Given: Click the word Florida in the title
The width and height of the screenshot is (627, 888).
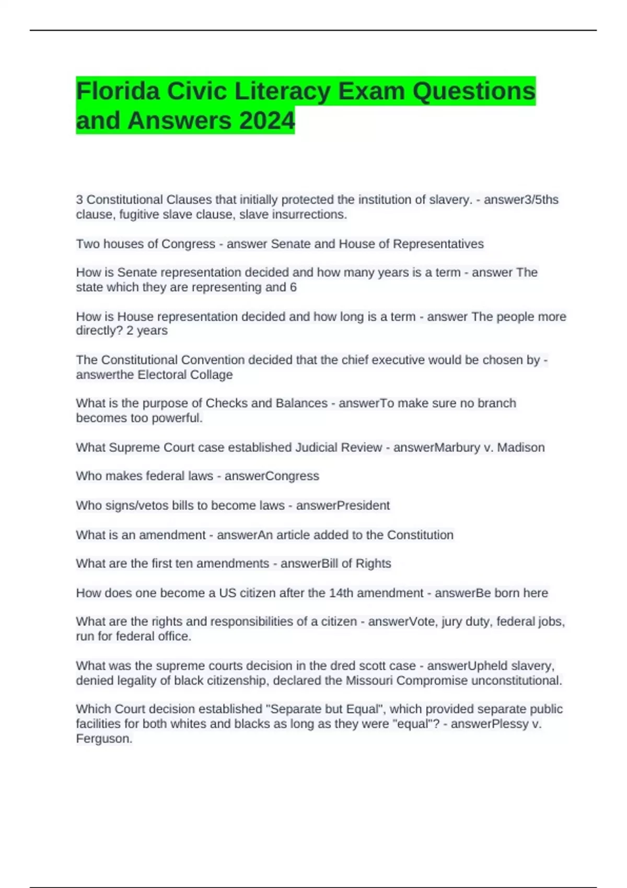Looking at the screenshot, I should pos(118,91).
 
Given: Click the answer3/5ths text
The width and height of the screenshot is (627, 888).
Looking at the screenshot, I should pos(521,200).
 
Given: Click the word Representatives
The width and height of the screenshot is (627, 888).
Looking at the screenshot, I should pos(438,244).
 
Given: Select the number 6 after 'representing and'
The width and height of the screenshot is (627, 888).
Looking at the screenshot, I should pos(293,287).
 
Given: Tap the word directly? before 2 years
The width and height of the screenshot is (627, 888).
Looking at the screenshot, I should pos(99,331).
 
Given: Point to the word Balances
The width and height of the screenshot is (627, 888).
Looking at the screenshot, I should pos(301,403).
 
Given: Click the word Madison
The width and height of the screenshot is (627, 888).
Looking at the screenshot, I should pos(520,448).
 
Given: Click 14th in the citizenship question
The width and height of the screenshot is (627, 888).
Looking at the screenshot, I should pos(341,593).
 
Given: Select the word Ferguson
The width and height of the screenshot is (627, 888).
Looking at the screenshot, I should pos(104,739).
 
